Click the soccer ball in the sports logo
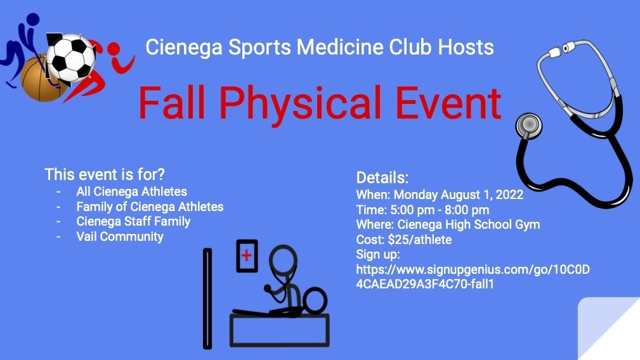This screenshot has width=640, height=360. coord(71,58)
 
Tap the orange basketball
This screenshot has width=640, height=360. coord(41,79)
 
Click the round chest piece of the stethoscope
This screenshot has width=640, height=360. coord(529,125)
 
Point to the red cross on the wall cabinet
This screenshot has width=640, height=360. coord(246,255)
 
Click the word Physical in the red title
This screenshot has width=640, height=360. coord(300,103)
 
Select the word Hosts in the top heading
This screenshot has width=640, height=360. coord(466,47)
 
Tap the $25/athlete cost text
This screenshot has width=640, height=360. coord(420,240)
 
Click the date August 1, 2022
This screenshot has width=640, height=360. coord(482,195)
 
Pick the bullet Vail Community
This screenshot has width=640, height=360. coord(120,236)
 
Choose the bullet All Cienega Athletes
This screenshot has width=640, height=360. coord(131,191)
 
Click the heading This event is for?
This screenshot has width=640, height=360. coord(105,174)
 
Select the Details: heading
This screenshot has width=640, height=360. coord(382,177)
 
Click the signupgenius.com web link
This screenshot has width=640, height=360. coord(473,276)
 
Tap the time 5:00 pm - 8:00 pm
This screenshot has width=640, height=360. coord(440,210)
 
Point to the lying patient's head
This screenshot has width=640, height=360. coord(315,301)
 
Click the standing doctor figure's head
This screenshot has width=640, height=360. coord(283,259)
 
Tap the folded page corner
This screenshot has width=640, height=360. coord(608,328)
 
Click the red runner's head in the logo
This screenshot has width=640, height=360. coord(114,49)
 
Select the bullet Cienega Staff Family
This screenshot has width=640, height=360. coord(133,221)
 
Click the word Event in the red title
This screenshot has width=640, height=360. coord(448,103)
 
